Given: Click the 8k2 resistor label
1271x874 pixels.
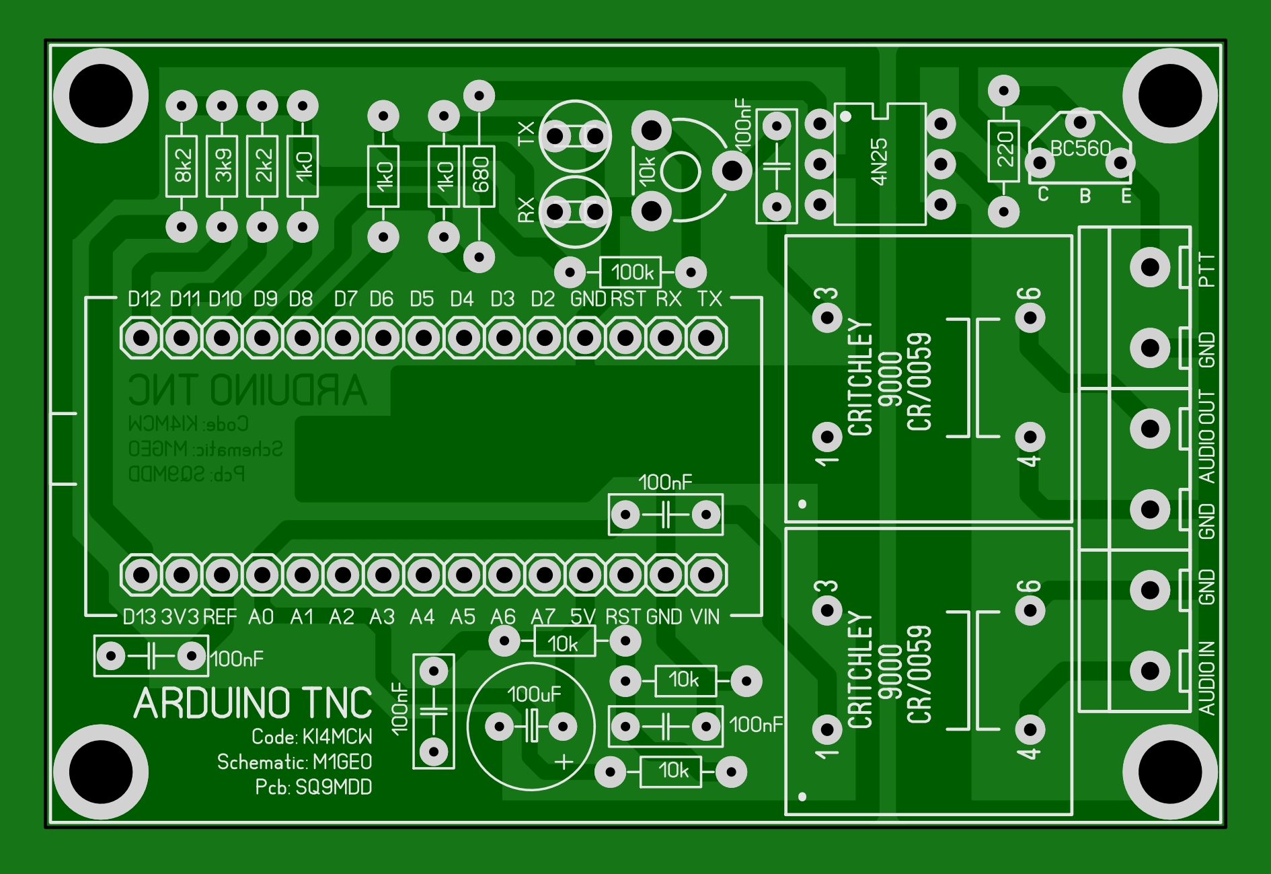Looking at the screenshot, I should [182, 166].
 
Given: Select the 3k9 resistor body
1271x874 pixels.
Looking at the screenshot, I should [223, 166].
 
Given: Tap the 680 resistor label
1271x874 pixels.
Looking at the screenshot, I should [480, 175].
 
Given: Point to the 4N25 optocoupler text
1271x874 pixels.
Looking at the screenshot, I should [879, 161].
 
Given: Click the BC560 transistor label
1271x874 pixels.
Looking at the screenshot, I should [1080, 149].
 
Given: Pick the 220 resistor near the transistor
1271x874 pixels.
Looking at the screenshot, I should [1004, 150].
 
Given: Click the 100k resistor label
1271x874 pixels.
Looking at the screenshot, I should [631, 272].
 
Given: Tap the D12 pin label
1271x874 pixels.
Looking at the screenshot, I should [144, 299].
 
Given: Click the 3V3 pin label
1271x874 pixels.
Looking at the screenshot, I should [180, 617].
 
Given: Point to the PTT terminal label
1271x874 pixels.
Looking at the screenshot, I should [1207, 269].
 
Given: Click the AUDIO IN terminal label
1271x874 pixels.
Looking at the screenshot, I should [1207, 678].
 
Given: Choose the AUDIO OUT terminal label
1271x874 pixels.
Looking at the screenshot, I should [1207, 436].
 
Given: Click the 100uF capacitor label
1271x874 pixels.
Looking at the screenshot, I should [534, 694].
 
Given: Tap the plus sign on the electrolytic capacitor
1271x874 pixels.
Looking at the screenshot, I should [564, 762].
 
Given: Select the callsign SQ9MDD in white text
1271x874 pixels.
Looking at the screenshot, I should [334, 787].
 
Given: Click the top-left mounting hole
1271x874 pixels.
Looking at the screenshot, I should [101, 96].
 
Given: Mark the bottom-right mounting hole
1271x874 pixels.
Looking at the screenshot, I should [1170, 772].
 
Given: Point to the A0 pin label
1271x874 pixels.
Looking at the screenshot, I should [261, 617].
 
